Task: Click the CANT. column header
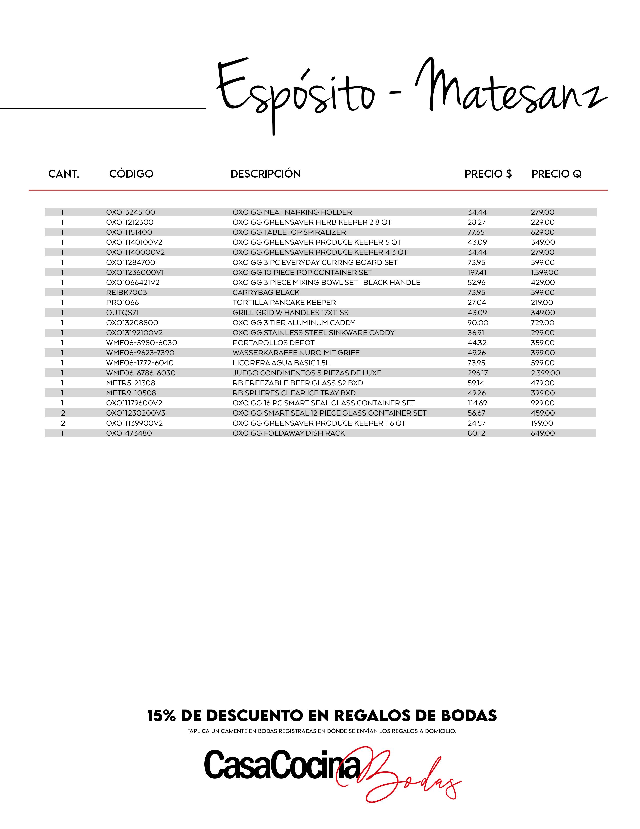[64, 174]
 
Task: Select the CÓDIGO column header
[131, 174]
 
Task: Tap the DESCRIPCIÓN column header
[265, 174]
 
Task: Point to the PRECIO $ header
[488, 174]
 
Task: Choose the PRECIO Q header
[556, 174]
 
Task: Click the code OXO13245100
[131, 212]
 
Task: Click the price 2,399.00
[545, 373]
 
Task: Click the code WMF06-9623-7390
[140, 353]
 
